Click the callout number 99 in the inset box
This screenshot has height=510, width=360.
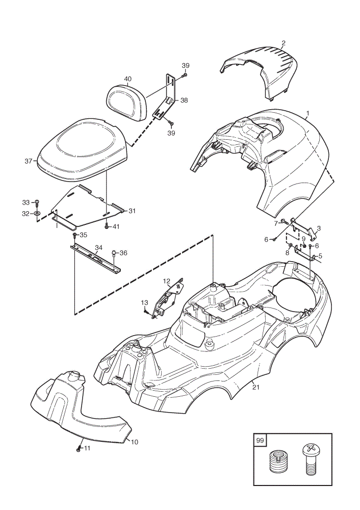click(260, 441)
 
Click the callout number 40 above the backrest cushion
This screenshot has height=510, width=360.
click(128, 79)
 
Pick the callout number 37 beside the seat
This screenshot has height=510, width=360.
click(29, 161)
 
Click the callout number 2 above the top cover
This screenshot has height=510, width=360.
click(284, 43)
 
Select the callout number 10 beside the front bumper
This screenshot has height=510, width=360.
click(134, 442)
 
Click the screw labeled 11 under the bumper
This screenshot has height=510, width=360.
click(78, 449)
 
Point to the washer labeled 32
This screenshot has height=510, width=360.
click(37, 213)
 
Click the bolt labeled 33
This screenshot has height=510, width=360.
click(37, 203)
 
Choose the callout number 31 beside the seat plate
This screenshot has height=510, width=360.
click(132, 211)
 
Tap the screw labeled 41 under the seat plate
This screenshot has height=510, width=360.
click(107, 227)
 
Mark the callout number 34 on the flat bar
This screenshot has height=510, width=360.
click(98, 248)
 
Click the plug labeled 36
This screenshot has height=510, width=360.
click(114, 253)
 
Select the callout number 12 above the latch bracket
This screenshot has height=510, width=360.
click(167, 280)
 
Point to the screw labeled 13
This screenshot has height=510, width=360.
click(146, 312)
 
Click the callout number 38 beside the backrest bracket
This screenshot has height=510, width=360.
click(184, 100)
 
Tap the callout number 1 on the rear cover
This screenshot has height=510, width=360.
click(307, 114)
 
